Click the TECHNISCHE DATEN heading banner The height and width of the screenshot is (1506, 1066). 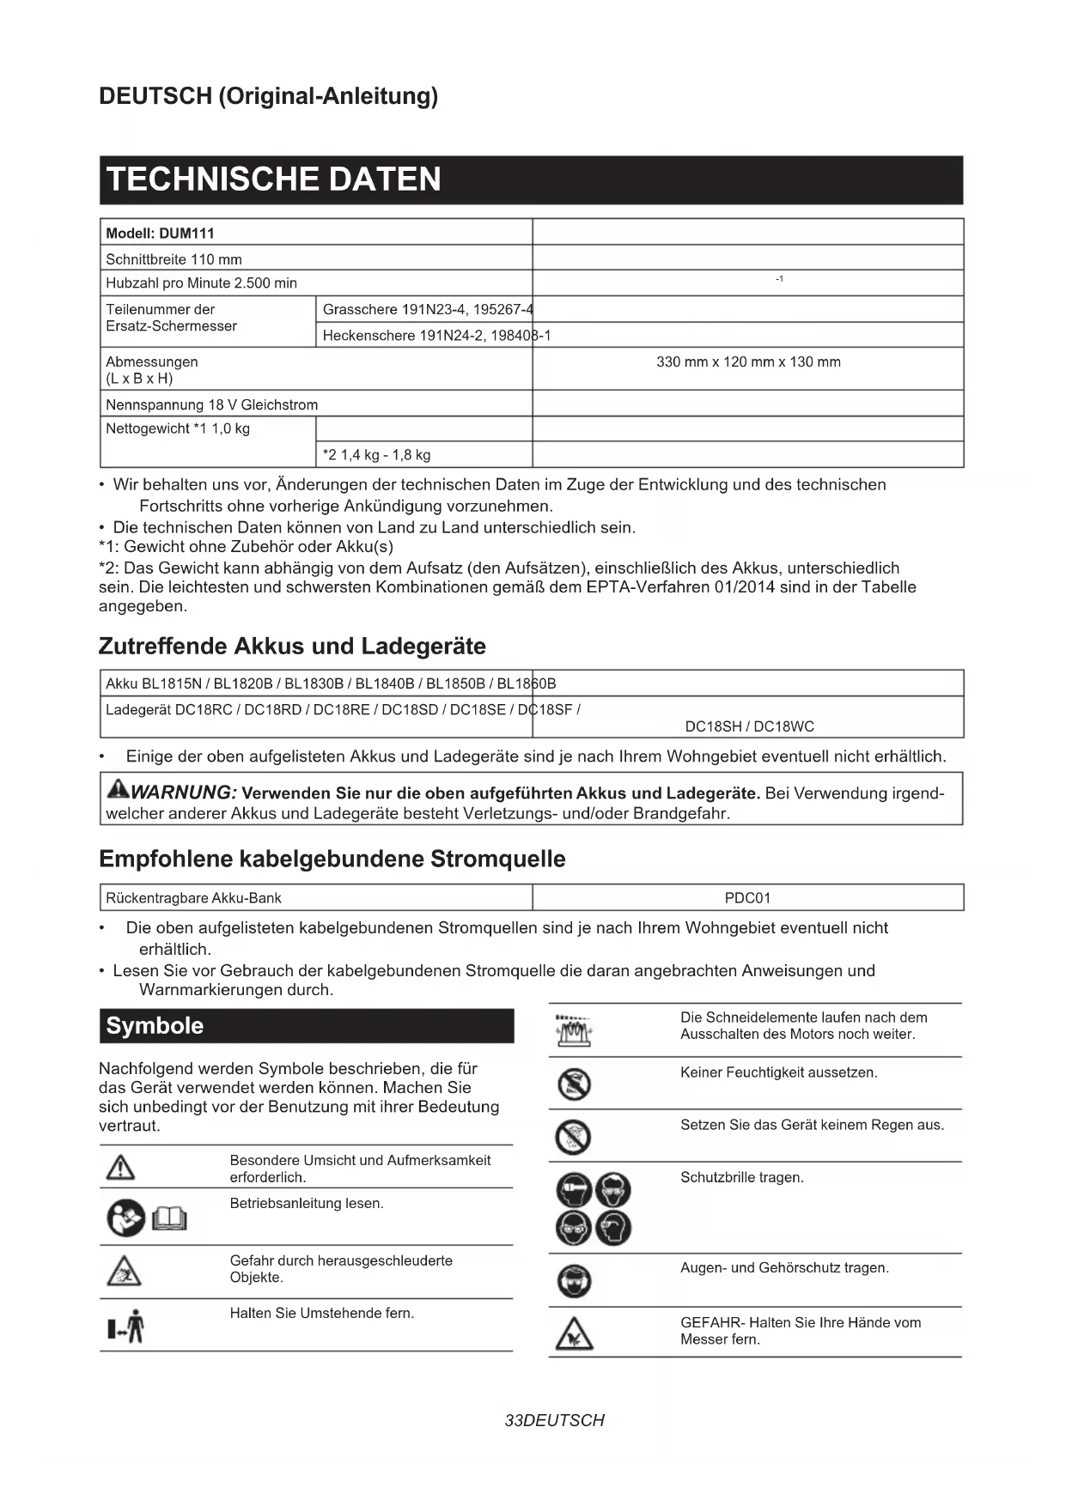531,179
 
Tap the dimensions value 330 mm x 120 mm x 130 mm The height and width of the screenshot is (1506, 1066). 748,362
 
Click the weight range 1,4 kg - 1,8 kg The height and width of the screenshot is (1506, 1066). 377,455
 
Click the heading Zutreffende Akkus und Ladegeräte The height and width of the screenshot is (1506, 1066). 292,646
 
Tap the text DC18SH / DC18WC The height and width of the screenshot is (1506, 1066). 749,726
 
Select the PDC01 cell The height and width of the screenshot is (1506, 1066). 747,898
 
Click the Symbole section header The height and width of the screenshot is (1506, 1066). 307,1026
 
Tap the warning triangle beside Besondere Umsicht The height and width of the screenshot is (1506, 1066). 120,1168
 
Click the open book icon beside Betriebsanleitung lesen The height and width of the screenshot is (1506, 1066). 170,1218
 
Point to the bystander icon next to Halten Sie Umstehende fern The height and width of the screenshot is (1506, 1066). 126,1327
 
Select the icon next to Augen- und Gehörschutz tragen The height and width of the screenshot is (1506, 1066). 574,1281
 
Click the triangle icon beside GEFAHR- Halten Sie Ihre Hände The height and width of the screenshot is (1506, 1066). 574,1333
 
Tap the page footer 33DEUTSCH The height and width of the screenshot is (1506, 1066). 555,1421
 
